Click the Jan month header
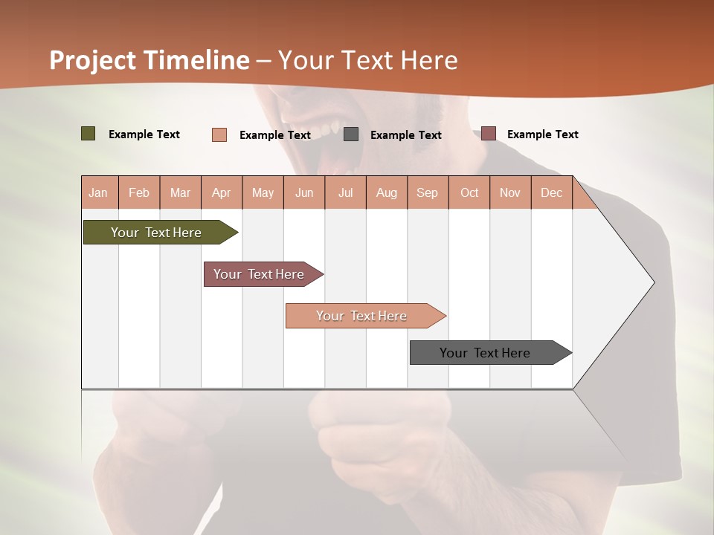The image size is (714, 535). click(99, 192)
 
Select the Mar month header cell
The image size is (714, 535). click(180, 192)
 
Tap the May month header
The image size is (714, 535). click(263, 192)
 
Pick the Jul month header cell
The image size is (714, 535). click(345, 192)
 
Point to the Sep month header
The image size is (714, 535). click(428, 192)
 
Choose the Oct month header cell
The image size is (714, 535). click(469, 192)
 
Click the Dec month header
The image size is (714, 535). click(551, 192)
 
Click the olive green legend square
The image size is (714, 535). click(89, 134)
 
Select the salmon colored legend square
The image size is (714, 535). click(219, 134)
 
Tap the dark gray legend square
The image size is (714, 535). click(351, 134)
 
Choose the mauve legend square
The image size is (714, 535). click(488, 134)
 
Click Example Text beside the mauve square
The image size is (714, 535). click(542, 134)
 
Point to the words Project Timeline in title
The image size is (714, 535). click(149, 60)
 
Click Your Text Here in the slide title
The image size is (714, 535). click(367, 60)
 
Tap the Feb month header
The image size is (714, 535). click(139, 192)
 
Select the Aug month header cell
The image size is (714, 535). click(386, 192)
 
